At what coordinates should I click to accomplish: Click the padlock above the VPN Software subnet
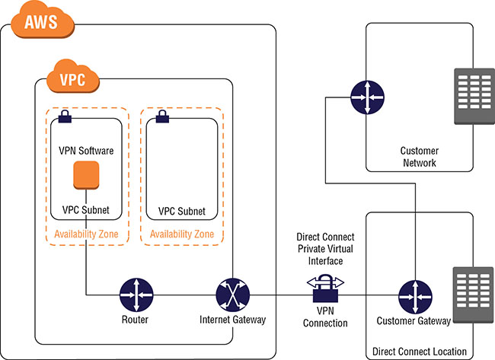(x=64, y=116)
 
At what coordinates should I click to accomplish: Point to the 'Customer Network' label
(x=419, y=156)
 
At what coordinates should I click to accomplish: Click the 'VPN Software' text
(x=87, y=151)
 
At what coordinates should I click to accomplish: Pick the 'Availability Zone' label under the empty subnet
(x=182, y=234)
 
